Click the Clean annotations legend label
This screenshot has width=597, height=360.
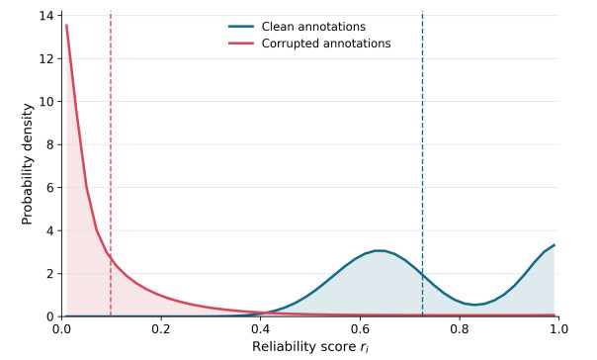coord(313,27)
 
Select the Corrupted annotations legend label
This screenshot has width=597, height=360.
coord(326,44)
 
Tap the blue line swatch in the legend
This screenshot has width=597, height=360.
coord(241,27)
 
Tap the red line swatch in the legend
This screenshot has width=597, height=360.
coord(241,44)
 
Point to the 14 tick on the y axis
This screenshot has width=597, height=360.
coord(45,16)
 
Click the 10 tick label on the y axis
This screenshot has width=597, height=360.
coord(45,102)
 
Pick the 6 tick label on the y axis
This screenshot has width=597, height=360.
coord(48,188)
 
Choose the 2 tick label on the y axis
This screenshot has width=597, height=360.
coord(48,274)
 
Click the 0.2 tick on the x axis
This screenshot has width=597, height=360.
coord(161,328)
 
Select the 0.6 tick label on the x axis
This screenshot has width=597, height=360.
coord(360,328)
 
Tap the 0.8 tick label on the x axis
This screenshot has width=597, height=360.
coord(460,328)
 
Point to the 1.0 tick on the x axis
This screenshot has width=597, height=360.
coord(558,328)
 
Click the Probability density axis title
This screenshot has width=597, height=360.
coord(27,164)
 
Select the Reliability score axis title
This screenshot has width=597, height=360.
coord(310,347)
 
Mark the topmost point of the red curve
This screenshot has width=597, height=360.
coord(66,25)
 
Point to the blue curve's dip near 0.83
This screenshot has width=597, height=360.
coord(474,305)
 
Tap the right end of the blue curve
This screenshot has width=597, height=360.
coord(554,245)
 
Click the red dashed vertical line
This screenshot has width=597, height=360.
coord(111,164)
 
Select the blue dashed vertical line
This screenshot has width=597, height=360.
coord(423,164)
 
